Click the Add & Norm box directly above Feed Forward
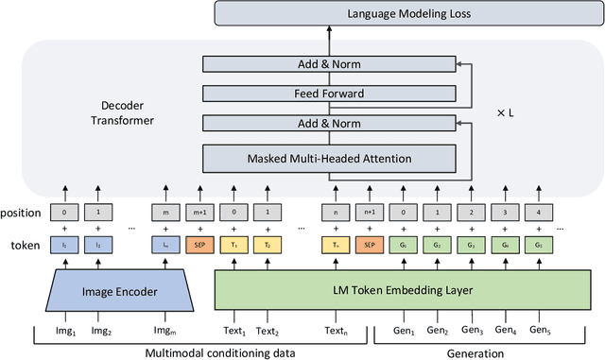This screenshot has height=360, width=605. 330,65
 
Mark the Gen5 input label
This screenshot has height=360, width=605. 540,331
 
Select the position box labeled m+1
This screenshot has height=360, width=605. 199,213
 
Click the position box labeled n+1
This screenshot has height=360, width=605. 370,213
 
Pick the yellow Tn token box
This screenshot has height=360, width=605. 336,244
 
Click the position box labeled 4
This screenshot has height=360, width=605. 540,213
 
